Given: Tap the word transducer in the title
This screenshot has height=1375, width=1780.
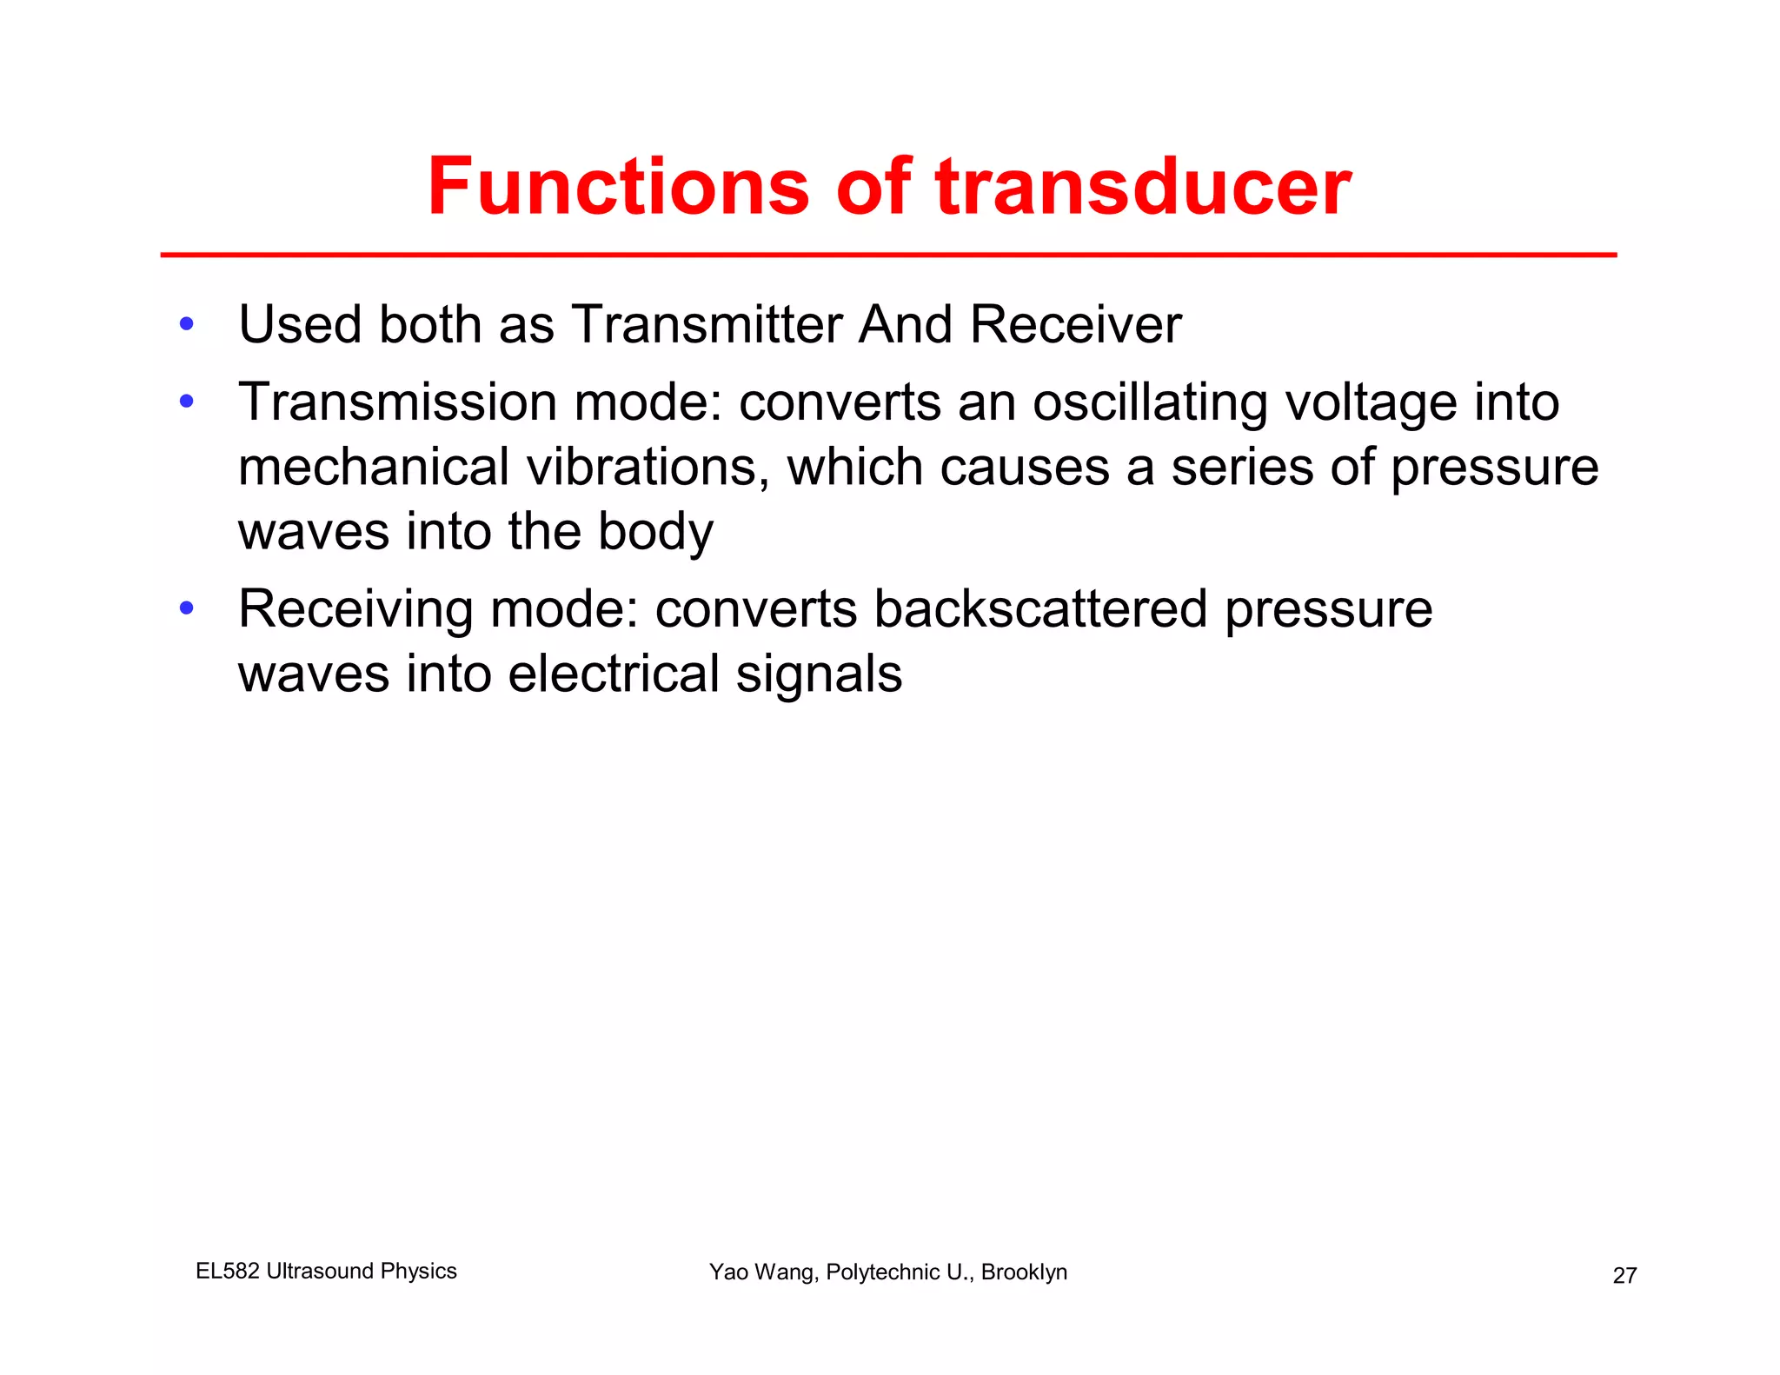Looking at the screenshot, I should pyautogui.click(x=1143, y=187).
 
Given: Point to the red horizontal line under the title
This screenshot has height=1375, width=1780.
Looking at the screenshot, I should pyautogui.click(x=888, y=255).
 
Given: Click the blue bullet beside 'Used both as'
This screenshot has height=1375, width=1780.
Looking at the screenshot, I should pyautogui.click(x=186, y=324).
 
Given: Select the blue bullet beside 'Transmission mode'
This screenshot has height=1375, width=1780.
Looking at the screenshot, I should pyautogui.click(x=186, y=402).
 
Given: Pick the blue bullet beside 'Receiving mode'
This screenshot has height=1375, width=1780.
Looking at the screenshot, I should pyautogui.click(x=186, y=608).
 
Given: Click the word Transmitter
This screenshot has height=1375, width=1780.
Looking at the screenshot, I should pyautogui.click(x=707, y=325).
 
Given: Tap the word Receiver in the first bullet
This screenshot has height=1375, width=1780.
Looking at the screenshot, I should pyautogui.click(x=1075, y=325).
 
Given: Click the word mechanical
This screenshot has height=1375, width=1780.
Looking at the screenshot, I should pyautogui.click(x=374, y=468).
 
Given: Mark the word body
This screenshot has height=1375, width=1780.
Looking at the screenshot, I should pyautogui.click(x=655, y=532).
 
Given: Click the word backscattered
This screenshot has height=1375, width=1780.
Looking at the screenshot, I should pyautogui.click(x=1040, y=608).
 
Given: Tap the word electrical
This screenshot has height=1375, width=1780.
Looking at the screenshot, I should pyautogui.click(x=614, y=674).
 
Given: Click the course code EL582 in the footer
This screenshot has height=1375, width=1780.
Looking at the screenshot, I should pyautogui.click(x=228, y=1271).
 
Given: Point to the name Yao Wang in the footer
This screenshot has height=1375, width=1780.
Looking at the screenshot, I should pyautogui.click(x=761, y=1272).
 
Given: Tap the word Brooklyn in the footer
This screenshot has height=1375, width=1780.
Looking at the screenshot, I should pyautogui.click(x=1024, y=1272).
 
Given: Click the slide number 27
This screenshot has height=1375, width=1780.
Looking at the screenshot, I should pyautogui.click(x=1624, y=1276).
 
